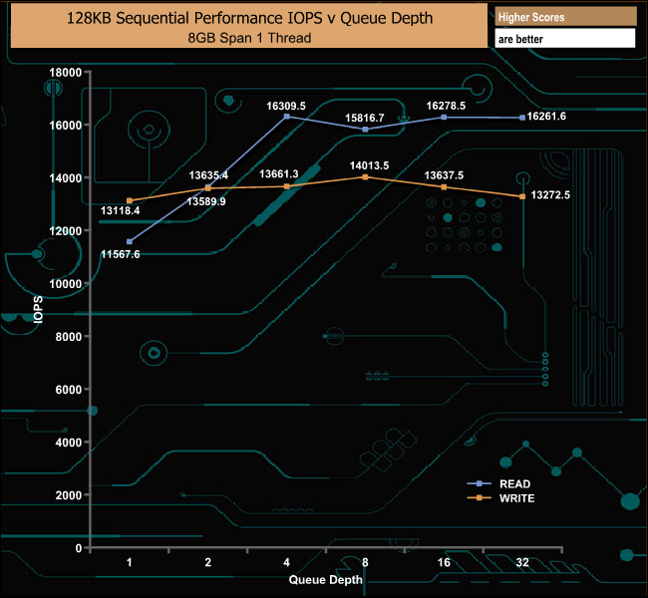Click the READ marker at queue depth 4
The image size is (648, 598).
pyautogui.click(x=287, y=117)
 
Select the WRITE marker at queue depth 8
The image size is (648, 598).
pyautogui.click(x=366, y=176)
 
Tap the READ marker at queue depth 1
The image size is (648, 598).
pyautogui.click(x=130, y=241)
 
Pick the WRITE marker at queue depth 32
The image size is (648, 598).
pyautogui.click(x=522, y=196)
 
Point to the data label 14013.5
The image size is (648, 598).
pyautogui.click(x=369, y=165)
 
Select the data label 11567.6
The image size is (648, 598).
pyautogui.click(x=121, y=255)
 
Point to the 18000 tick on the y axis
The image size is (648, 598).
pyautogui.click(x=65, y=73)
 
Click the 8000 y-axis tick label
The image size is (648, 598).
pyautogui.click(x=68, y=337)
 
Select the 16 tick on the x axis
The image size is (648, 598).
pyautogui.click(x=444, y=563)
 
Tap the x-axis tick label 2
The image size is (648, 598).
pyautogui.click(x=207, y=563)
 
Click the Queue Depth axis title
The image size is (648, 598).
pyautogui.click(x=325, y=579)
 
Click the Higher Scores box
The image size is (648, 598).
pyautogui.click(x=564, y=17)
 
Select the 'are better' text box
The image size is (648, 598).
pyautogui.click(x=564, y=39)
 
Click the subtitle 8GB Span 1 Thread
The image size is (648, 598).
pyautogui.click(x=249, y=38)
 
